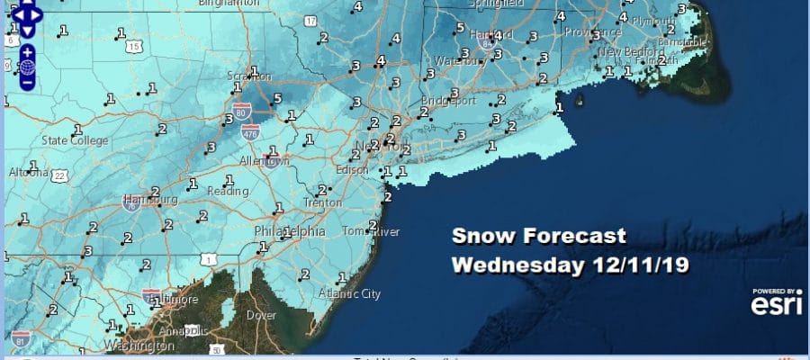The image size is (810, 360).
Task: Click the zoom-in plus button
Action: [x=28, y=52]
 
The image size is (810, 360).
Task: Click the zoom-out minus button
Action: [x=28, y=82]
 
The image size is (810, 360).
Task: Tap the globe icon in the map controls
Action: [x=28, y=67]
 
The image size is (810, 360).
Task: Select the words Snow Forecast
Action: [x=538, y=238]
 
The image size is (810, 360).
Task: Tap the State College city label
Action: [x=76, y=140]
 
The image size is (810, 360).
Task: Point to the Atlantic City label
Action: [x=349, y=293]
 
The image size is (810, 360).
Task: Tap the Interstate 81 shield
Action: [x=21, y=339]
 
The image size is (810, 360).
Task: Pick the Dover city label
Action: [x=259, y=315]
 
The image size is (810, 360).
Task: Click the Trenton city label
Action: [x=322, y=202]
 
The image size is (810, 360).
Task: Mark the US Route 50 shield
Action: [x=218, y=350]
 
